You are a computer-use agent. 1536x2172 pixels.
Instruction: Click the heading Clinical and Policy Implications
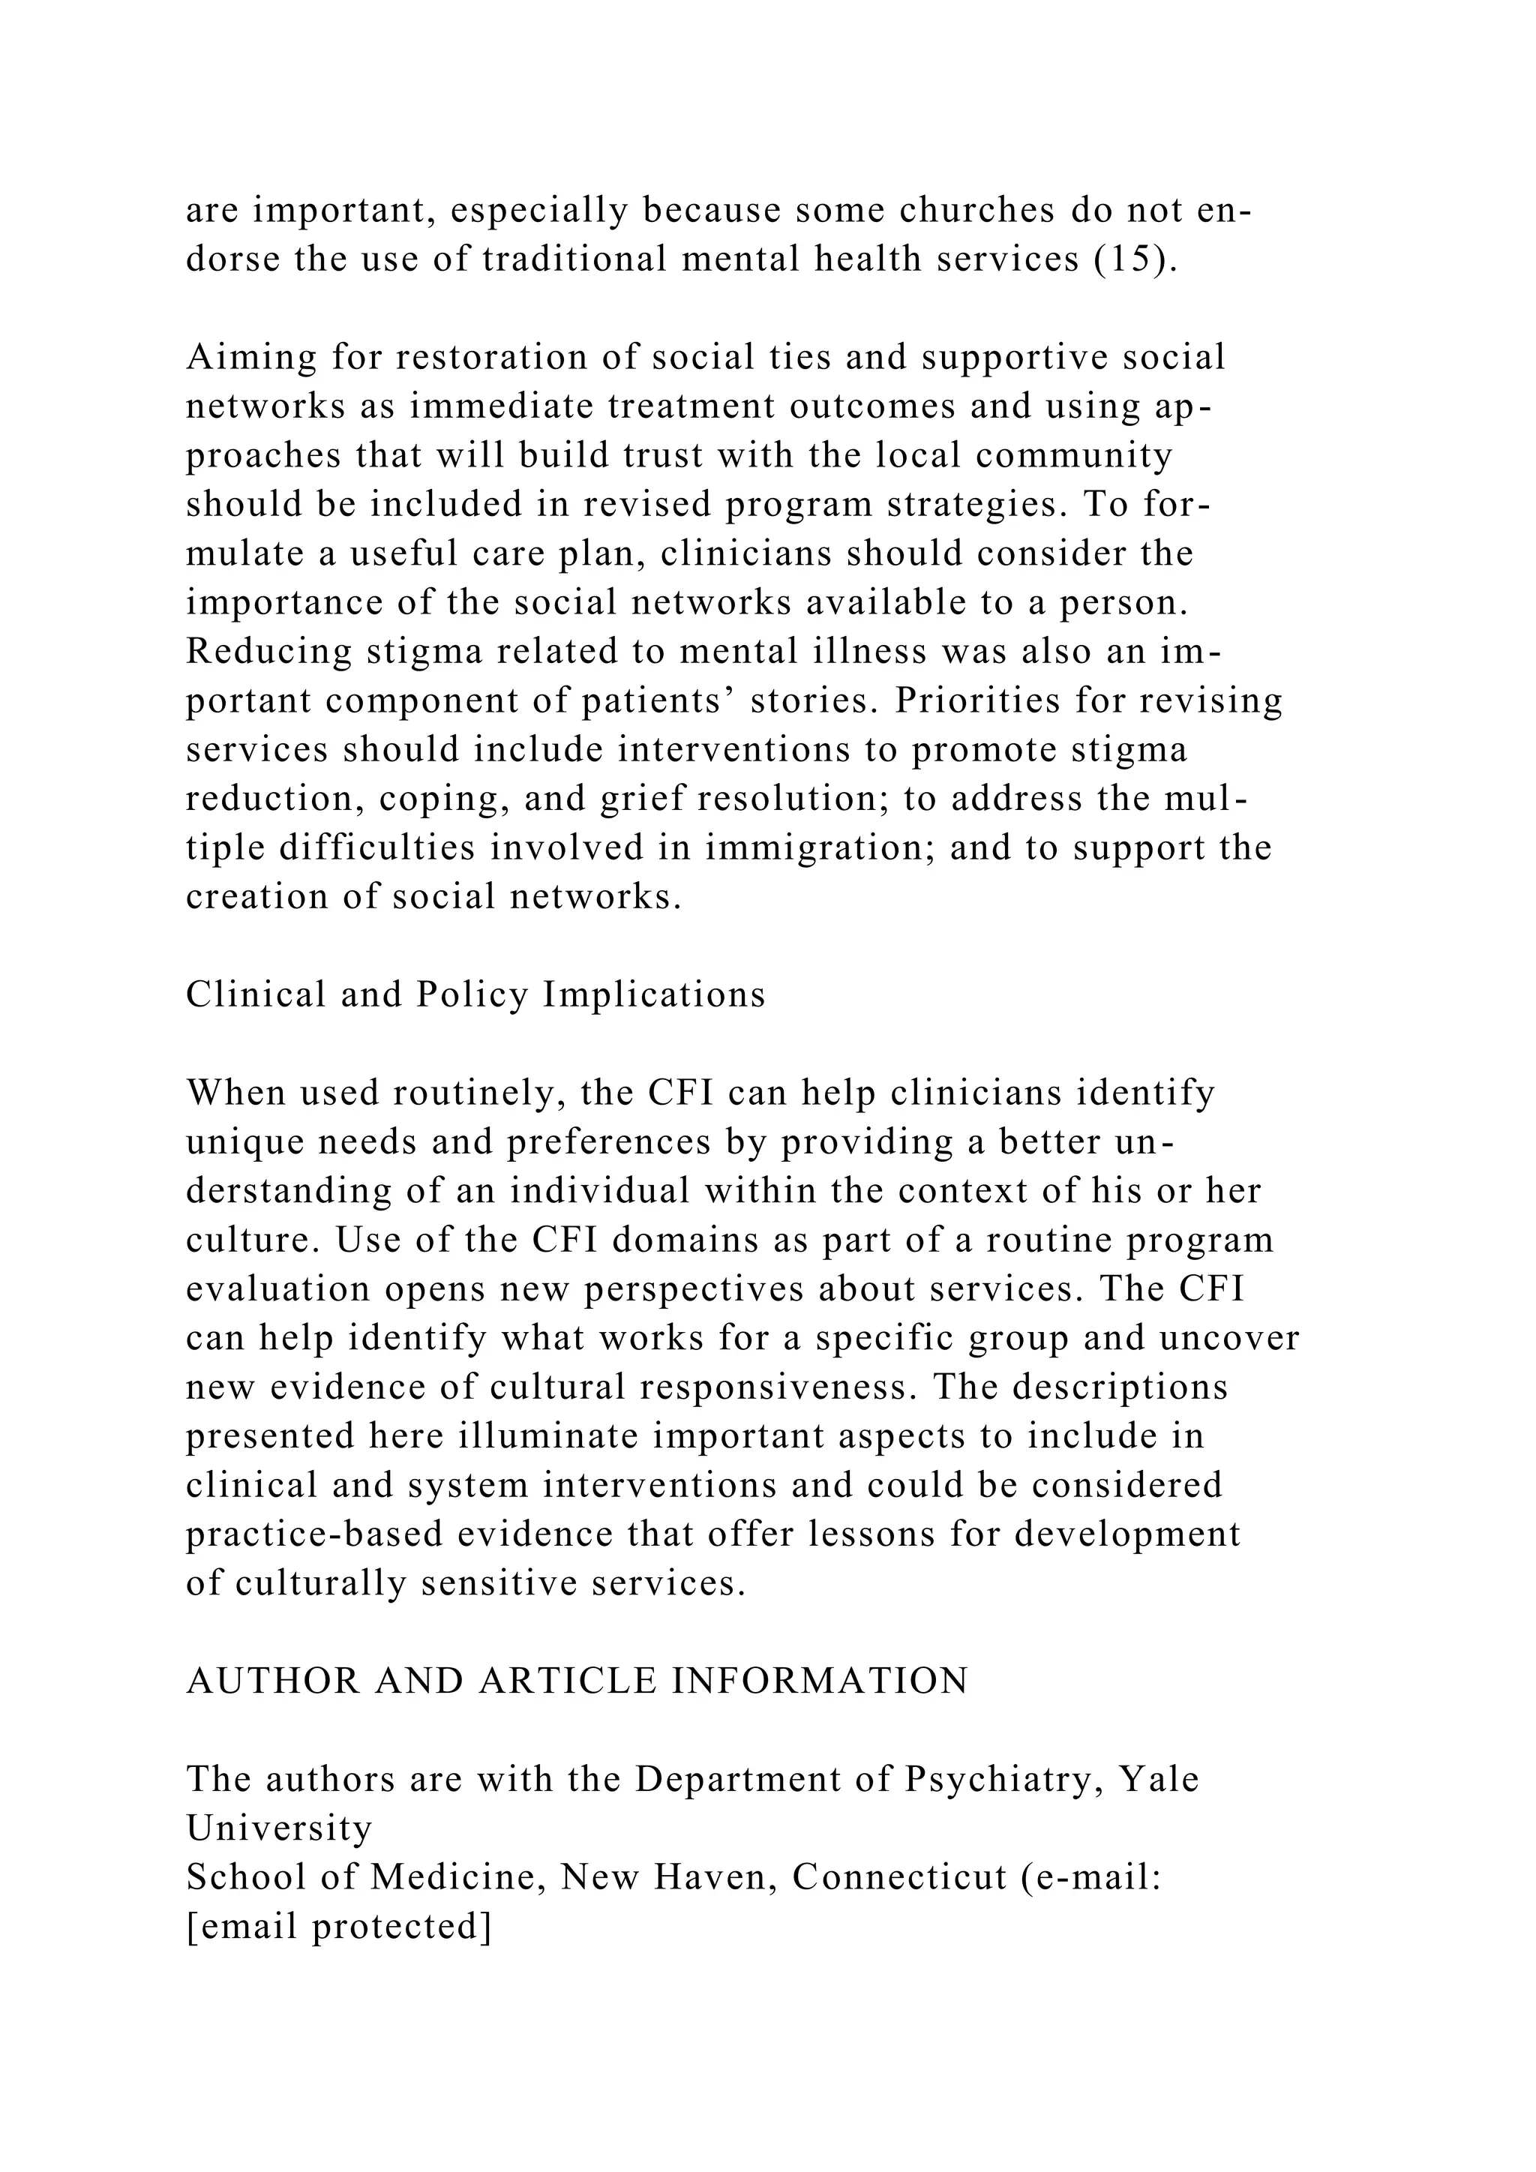475,994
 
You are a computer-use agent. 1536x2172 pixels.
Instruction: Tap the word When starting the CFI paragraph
235,1093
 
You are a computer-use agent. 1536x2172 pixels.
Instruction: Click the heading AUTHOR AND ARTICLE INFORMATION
577,1681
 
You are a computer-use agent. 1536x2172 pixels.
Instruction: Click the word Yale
1159,1780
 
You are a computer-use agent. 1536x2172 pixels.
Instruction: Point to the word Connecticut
899,1878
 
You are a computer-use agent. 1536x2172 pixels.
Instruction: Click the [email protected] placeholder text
338,1927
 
